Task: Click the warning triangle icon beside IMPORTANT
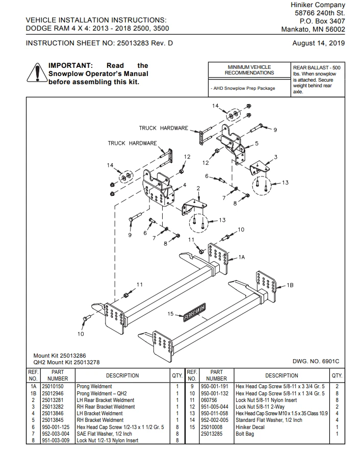pos(36,73)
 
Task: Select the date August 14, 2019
pos(318,43)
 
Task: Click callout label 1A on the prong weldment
pos(242,258)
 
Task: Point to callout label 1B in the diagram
pos(290,285)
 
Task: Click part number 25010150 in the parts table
pos(53,387)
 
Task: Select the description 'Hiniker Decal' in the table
pos(250,427)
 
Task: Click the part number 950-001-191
pos(216,387)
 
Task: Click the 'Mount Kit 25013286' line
pos(59,355)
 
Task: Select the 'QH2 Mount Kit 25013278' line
pos(66,362)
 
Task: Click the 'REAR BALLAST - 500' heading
pos(317,67)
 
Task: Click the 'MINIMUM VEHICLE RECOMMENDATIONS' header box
pos(249,70)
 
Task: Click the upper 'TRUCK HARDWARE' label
pos(163,128)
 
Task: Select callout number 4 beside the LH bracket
pos(184,185)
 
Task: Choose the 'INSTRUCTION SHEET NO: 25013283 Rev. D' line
pos(99,43)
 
